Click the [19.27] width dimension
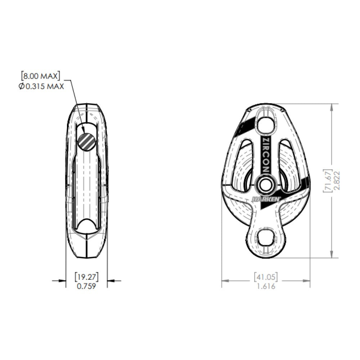(86, 277)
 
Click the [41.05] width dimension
(266, 277)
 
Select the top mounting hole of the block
(266, 124)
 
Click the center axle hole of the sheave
(266, 185)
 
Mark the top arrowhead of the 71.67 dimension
(331, 107)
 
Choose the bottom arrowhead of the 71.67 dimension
(331, 255)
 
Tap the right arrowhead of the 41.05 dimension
(307, 281)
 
